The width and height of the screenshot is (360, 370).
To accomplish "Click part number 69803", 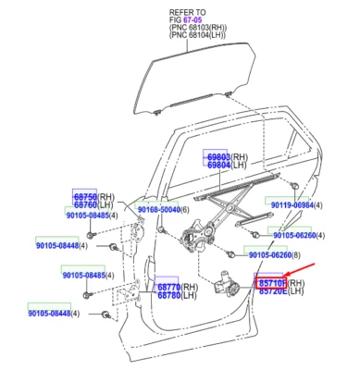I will (217, 158).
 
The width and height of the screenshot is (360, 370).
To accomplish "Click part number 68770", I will (167, 288).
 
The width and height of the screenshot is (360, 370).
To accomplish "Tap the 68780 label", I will (167, 296).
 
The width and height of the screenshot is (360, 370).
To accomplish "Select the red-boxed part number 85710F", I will (271, 282).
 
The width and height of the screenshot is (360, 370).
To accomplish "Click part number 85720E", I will (271, 291).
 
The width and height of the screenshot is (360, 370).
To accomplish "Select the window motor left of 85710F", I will (228, 277).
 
